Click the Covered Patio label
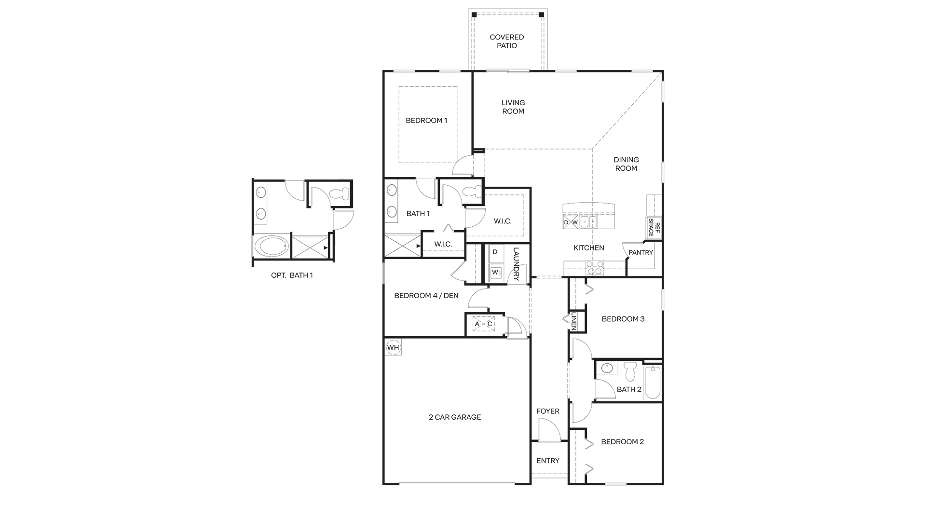(x=507, y=41)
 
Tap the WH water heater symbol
(x=394, y=347)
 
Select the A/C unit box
(x=484, y=324)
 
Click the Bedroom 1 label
(x=426, y=120)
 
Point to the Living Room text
(x=513, y=107)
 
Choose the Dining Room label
(x=626, y=164)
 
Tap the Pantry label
(x=640, y=252)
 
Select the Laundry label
(x=516, y=264)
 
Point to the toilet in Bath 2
(x=630, y=370)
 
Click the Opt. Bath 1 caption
(x=292, y=275)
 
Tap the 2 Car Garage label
(x=455, y=417)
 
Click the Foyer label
(x=548, y=411)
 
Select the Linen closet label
(x=574, y=321)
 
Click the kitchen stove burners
(x=594, y=267)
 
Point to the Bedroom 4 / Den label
(x=426, y=296)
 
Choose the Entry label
(x=548, y=461)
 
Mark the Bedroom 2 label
(x=622, y=442)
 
